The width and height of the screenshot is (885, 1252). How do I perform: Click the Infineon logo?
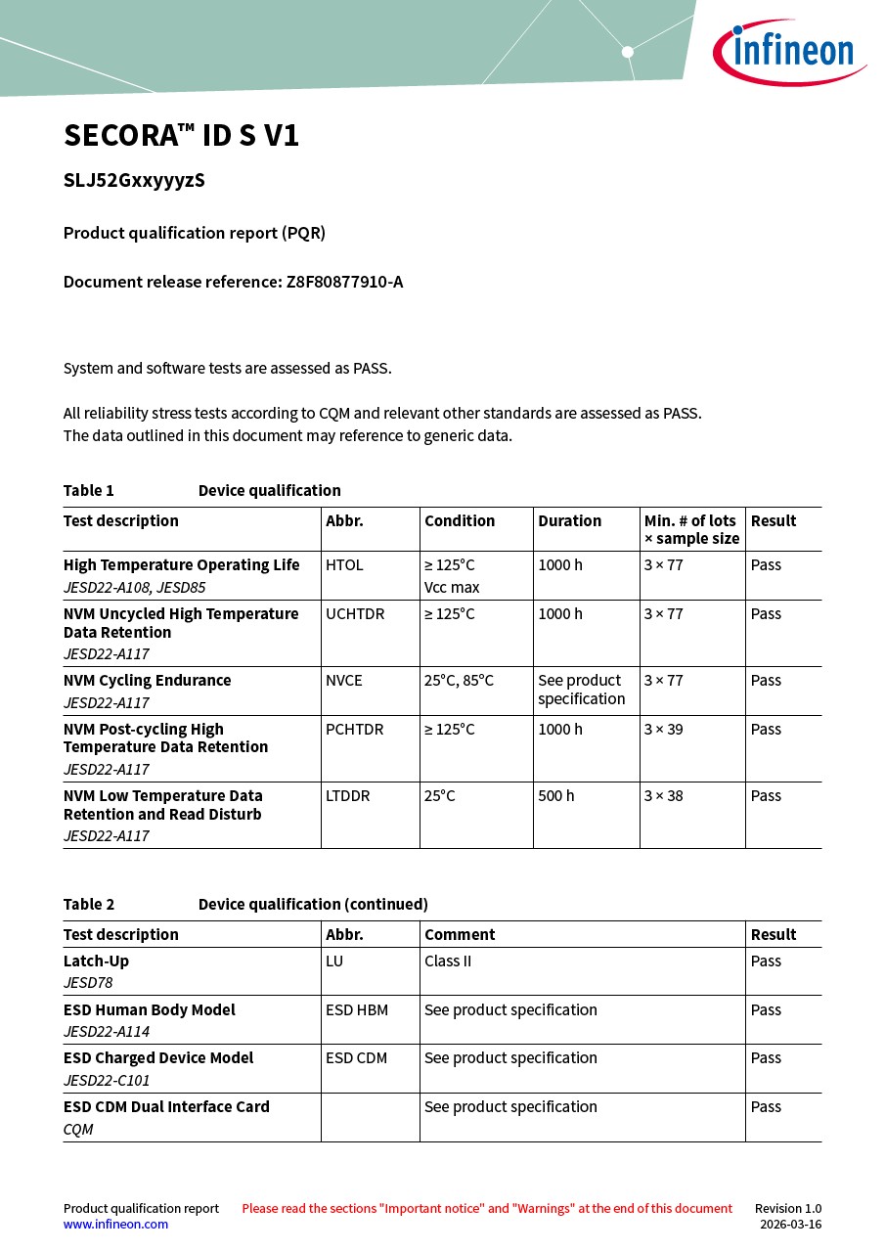pos(788,52)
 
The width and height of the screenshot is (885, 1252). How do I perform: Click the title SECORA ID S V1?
pos(181,136)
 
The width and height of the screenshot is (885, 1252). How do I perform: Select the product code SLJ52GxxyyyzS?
pos(134,181)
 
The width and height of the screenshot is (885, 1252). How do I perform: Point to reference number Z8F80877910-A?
pos(344,283)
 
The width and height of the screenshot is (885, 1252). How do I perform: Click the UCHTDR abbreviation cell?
pos(355,614)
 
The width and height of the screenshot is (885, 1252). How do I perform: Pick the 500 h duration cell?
pos(556,796)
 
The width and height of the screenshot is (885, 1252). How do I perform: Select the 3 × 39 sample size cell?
pos(663,730)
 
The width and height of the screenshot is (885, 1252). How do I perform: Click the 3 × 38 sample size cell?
pos(663,796)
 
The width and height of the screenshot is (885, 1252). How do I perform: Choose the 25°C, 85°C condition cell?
pos(459,681)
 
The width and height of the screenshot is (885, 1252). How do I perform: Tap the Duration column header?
pos(569,521)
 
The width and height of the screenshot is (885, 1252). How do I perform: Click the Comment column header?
pos(460,935)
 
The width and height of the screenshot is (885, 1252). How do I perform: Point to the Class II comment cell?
pos(448,961)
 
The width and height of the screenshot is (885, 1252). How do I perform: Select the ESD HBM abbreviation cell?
pos(357,1010)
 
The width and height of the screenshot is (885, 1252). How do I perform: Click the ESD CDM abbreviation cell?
pos(357,1058)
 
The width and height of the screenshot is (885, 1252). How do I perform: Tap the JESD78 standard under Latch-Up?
pos(88,983)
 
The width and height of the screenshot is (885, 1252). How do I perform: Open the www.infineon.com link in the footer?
pos(115,1225)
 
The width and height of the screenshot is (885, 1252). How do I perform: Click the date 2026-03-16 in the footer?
pos(790,1225)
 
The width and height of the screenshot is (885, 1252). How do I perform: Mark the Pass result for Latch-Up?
pos(766,961)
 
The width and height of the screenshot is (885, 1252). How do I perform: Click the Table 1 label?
pos(89,491)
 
